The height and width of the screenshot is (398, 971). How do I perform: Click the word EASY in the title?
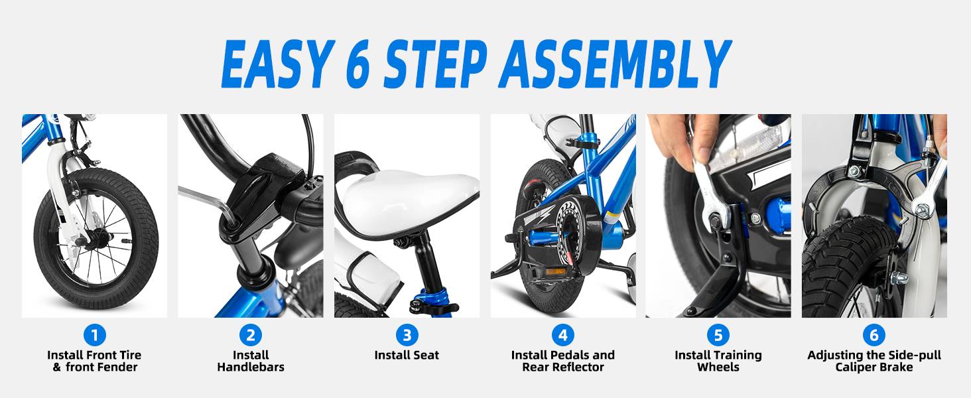click(x=279, y=64)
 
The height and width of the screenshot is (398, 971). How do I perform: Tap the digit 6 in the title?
click(x=358, y=64)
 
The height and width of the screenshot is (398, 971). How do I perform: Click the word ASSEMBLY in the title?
click(x=615, y=64)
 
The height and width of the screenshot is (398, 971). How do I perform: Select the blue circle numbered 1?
click(x=94, y=335)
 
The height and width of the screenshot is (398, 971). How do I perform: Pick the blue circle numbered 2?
click(x=251, y=335)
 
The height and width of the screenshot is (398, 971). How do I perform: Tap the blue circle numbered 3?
click(x=407, y=335)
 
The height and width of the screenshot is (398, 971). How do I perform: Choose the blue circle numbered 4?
click(x=562, y=335)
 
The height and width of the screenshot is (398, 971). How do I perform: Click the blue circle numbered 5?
click(x=718, y=335)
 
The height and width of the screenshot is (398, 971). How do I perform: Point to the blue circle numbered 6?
click(x=874, y=335)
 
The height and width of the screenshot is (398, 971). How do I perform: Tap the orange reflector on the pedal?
click(x=555, y=272)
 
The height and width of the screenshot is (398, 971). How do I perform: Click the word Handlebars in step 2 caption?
click(x=251, y=367)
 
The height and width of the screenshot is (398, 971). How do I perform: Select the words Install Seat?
click(x=407, y=355)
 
